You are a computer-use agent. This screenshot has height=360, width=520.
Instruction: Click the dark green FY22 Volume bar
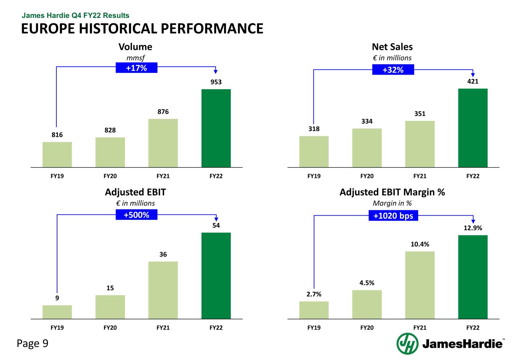(x=216, y=128)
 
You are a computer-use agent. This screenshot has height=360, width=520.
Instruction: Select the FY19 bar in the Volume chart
(x=57, y=154)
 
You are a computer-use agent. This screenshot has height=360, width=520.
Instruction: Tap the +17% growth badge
(x=136, y=68)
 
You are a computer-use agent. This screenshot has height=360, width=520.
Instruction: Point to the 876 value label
(x=163, y=112)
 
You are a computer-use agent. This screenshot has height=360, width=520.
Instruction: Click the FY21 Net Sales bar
(x=420, y=144)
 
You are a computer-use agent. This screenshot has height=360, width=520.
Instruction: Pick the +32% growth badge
(x=393, y=70)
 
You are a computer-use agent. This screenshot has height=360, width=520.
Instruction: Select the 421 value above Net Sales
(x=473, y=81)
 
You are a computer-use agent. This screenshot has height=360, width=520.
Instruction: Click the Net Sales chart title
(x=392, y=47)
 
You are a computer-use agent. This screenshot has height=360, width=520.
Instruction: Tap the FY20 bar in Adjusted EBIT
(x=110, y=307)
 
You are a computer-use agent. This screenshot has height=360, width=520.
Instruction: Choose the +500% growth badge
(x=136, y=215)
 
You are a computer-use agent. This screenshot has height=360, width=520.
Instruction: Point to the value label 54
(x=216, y=226)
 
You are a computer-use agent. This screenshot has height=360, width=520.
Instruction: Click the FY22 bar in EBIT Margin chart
(x=473, y=277)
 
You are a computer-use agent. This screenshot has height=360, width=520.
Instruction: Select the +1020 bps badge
(x=393, y=216)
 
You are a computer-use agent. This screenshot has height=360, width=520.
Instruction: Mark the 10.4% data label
(x=420, y=244)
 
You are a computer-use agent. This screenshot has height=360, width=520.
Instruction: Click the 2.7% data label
(x=314, y=294)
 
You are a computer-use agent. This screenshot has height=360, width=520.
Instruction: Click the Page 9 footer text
(x=32, y=344)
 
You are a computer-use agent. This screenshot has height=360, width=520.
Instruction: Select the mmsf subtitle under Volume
(x=136, y=58)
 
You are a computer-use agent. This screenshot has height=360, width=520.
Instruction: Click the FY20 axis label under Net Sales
(x=367, y=176)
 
